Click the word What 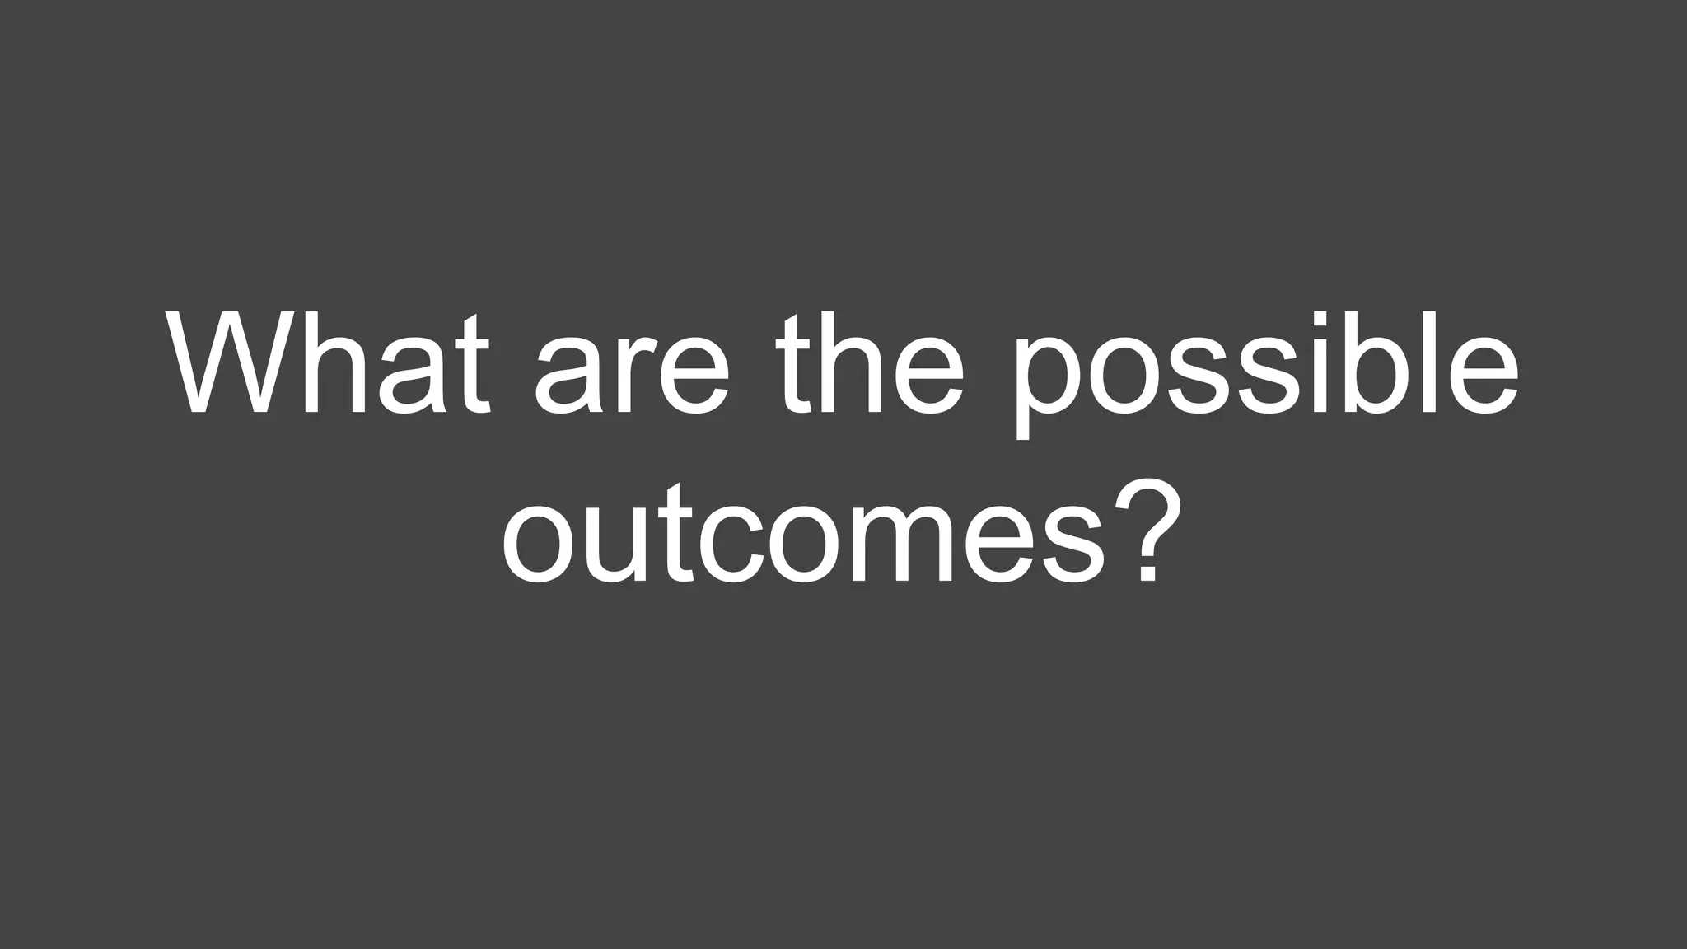(329, 363)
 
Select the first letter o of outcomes (544, 544)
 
